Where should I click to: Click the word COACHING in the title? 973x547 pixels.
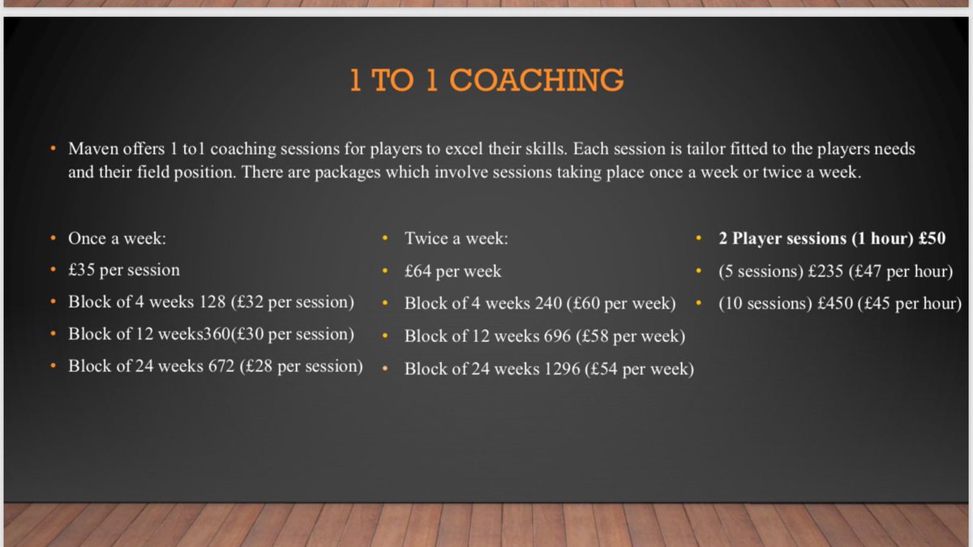(x=537, y=80)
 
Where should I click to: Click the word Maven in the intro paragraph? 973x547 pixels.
(x=94, y=149)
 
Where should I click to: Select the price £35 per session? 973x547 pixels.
(x=124, y=270)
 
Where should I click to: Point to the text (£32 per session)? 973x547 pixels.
(x=293, y=302)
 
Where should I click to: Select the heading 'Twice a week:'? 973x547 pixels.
(x=456, y=239)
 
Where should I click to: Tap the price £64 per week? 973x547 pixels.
(x=452, y=271)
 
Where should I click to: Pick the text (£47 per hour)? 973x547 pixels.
(x=900, y=271)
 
